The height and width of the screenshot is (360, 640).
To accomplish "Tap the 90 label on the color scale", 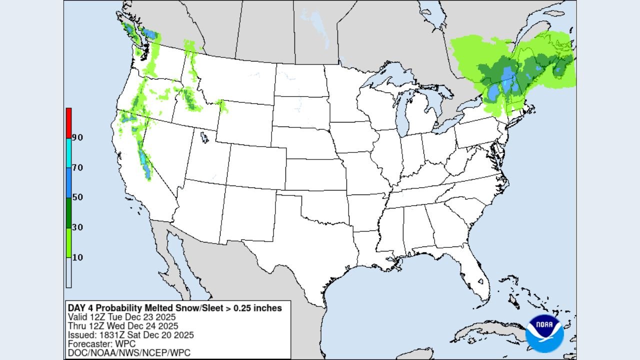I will (77, 137).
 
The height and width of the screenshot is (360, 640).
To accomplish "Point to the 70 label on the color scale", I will (77, 167).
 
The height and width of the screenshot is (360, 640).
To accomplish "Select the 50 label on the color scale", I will (77, 197).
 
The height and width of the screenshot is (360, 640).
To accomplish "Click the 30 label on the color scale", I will (77, 227).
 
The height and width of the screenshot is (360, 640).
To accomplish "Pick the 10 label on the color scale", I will (77, 257).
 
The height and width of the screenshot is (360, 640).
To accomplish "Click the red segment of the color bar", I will (68, 122).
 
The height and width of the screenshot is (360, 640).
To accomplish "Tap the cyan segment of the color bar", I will (68, 152).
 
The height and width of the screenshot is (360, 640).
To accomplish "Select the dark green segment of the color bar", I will (68, 212).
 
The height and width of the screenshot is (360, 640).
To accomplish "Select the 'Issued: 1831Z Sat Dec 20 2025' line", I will (130, 335).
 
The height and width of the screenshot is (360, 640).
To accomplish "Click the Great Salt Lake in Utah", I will (204, 136).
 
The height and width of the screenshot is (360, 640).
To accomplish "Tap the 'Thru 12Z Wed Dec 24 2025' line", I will (123, 326).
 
